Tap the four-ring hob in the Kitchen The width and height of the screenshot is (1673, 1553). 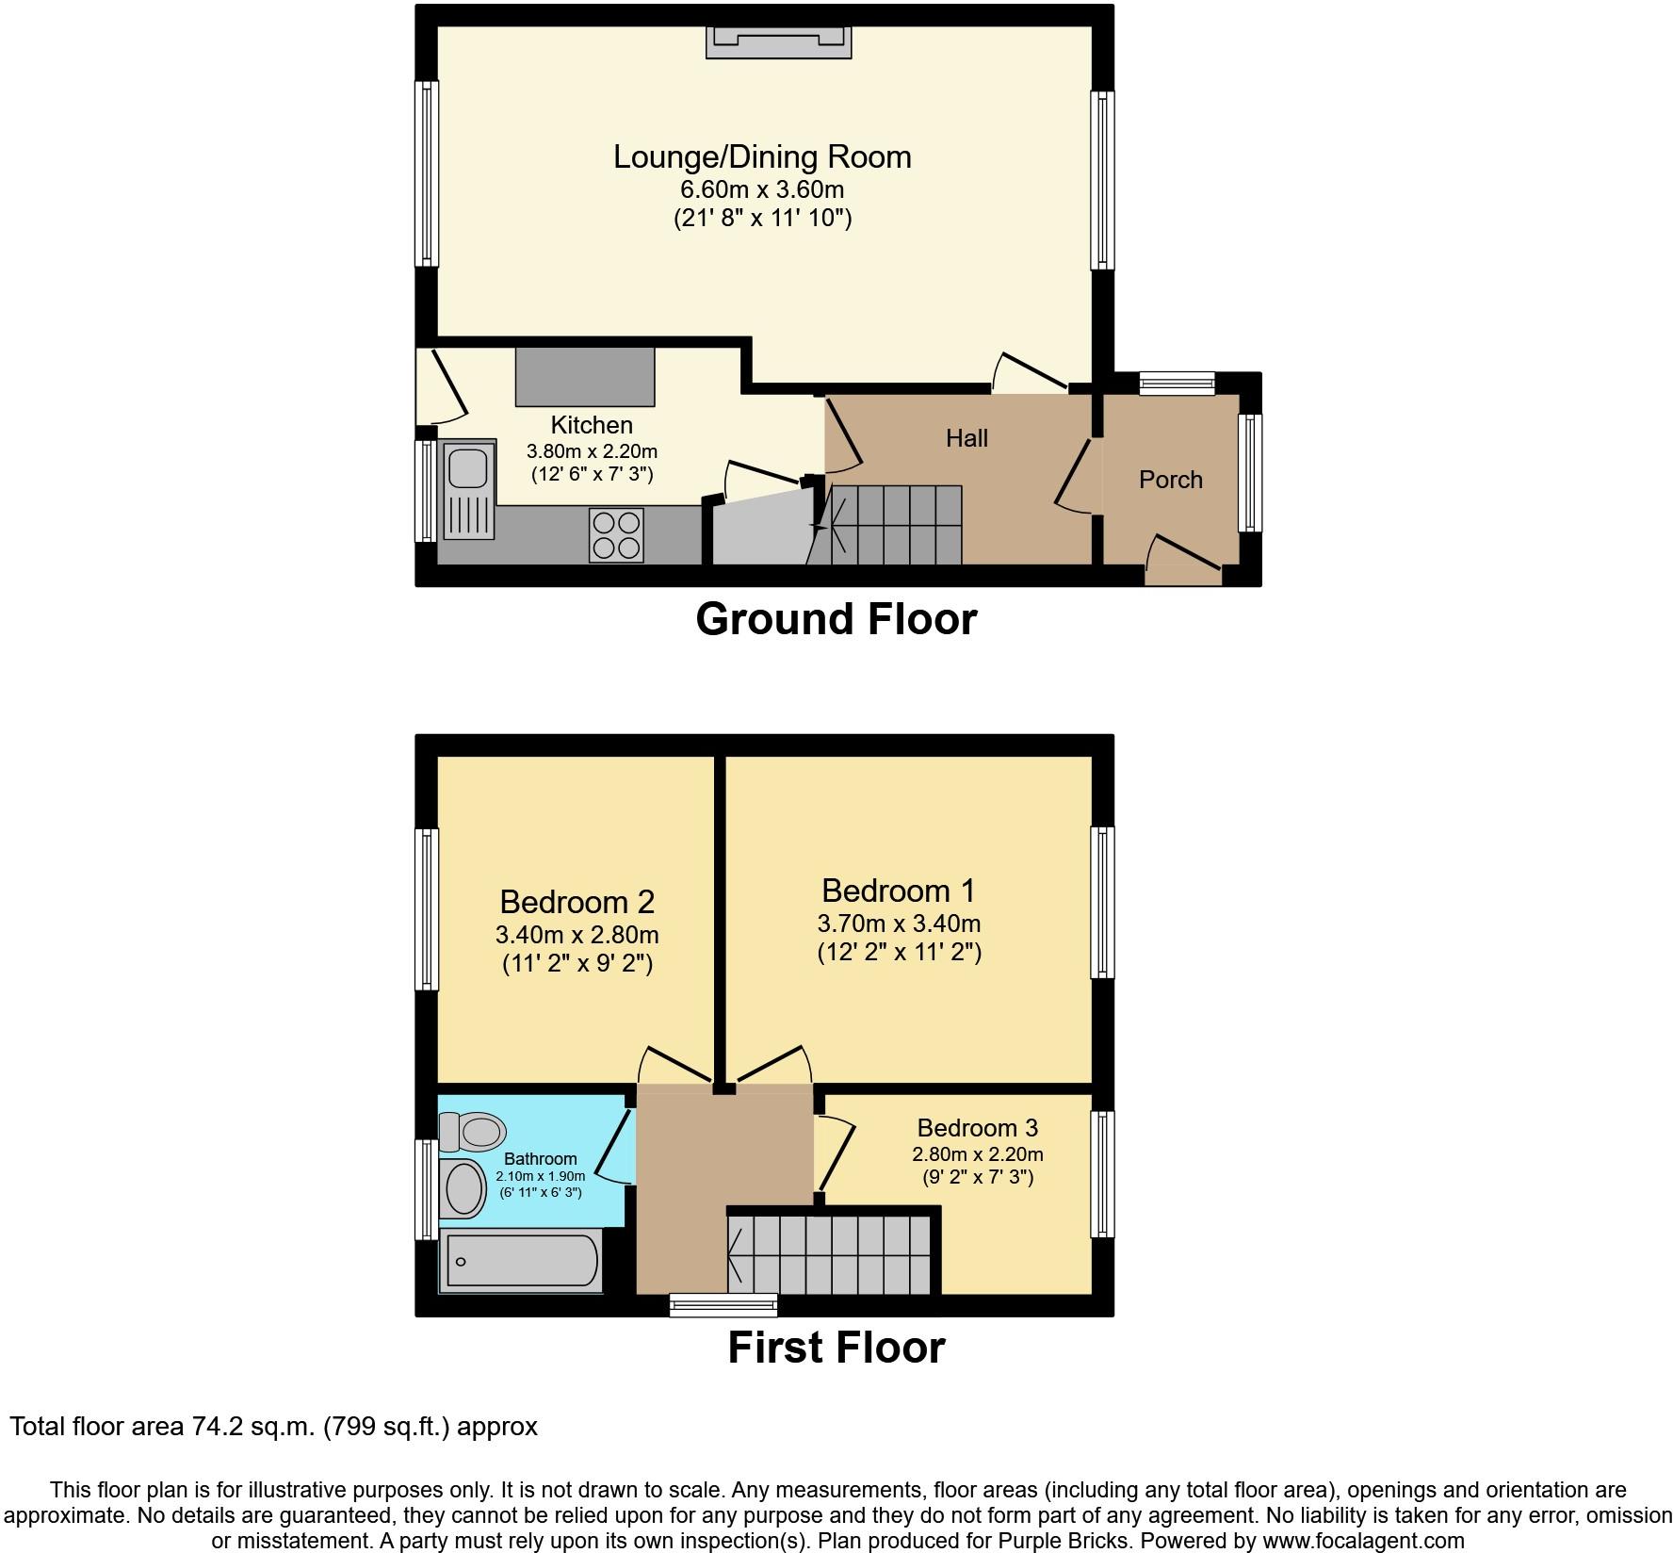point(617,534)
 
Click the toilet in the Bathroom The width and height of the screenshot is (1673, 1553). point(473,1132)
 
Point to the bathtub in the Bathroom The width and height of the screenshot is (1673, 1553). point(522,1261)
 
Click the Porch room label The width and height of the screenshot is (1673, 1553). point(1171,480)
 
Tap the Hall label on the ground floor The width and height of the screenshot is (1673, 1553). point(966,438)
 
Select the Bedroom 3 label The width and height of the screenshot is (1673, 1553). point(978,1128)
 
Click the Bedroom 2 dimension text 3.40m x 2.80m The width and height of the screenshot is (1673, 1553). point(577,935)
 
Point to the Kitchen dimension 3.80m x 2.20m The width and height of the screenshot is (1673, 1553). point(592,450)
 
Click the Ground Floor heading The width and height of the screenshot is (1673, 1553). point(836,619)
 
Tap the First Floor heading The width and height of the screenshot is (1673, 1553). point(836,1348)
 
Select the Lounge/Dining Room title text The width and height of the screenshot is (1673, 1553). point(763,156)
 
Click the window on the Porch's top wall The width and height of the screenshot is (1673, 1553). point(1177,383)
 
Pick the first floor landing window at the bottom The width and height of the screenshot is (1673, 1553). point(723,1305)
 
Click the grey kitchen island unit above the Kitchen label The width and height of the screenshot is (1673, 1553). point(585,377)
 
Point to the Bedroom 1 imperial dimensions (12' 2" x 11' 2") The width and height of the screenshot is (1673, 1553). point(900,952)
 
